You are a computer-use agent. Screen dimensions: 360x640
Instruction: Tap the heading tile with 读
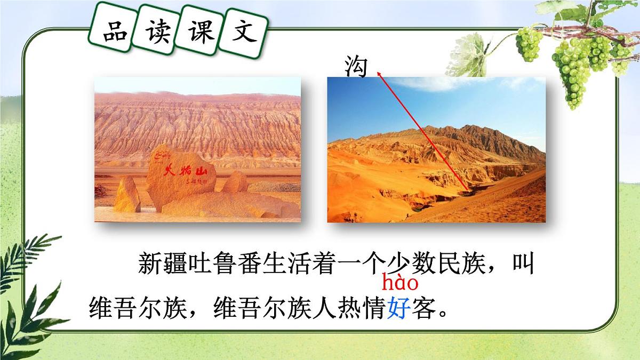[x=157, y=32]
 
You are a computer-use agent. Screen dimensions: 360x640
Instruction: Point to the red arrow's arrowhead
[x=379, y=74]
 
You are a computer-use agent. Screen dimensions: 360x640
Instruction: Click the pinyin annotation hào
[x=400, y=282]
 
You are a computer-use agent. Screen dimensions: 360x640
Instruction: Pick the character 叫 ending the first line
[x=523, y=263]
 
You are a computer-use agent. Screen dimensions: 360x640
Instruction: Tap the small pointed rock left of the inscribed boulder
[x=127, y=195]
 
